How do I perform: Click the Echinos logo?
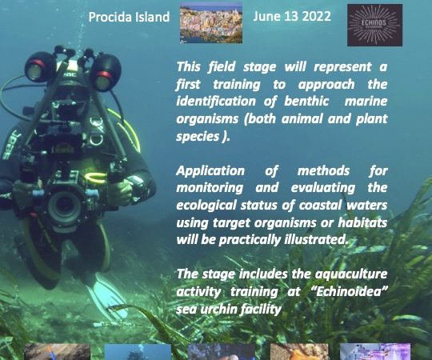point(374,25)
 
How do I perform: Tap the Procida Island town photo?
point(211,22)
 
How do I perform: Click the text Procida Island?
point(129,17)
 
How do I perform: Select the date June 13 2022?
point(292,16)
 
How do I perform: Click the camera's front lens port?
point(64,207)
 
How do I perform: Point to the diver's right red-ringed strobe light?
point(106,73)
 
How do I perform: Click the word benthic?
point(306,102)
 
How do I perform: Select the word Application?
point(210,171)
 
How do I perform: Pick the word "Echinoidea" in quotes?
point(350,291)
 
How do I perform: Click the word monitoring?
point(210,189)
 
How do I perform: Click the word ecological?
point(206,206)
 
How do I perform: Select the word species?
point(198,137)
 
